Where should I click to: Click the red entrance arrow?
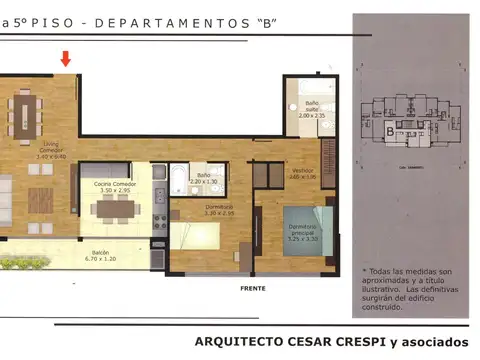tap(66, 59)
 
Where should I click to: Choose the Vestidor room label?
tap(303, 174)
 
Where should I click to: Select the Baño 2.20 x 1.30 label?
tap(204, 178)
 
